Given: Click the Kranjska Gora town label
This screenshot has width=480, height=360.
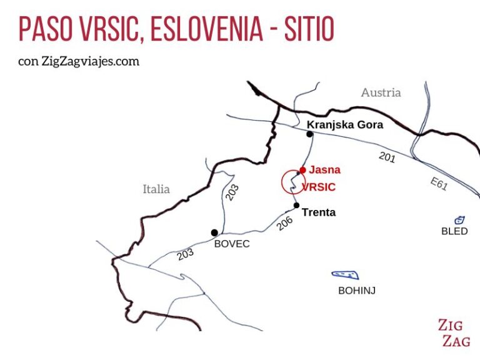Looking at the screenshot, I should (344, 125).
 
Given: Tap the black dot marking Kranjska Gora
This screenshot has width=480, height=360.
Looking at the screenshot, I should (309, 134).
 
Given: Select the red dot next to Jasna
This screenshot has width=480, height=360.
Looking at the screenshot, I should (302, 169).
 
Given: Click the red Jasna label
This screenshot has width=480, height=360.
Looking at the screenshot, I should (325, 169).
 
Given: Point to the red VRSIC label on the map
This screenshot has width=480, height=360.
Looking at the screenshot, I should (319, 187).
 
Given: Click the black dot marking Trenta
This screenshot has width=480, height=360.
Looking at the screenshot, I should (296, 206).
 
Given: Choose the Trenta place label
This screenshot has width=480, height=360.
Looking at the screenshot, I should (319, 212).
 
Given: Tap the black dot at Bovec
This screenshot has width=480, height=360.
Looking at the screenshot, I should (214, 232).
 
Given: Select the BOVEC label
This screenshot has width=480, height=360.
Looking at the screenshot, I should (232, 244).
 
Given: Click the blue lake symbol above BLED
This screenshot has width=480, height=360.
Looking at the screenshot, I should (459, 220).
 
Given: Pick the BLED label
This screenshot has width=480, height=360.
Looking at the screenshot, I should (454, 231).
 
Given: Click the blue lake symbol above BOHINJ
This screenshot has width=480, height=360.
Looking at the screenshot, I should (345, 274).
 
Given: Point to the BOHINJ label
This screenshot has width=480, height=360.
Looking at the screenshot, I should (356, 290).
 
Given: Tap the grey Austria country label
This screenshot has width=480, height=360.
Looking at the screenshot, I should (381, 92).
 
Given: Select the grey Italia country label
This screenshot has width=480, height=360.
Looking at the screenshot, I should (156, 189).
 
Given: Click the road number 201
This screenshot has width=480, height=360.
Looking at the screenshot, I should (387, 158).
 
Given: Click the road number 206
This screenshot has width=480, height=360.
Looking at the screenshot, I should (284, 223).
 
